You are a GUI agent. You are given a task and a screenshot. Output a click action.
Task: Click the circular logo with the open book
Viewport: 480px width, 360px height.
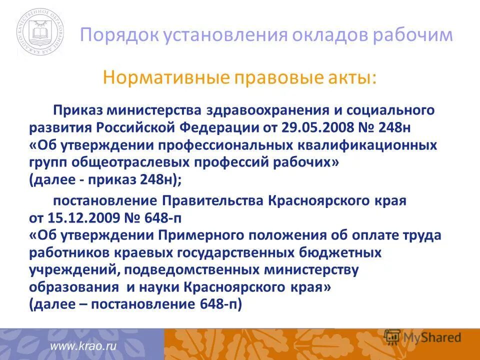point(40,33)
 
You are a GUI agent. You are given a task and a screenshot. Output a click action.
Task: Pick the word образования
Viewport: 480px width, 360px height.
point(73,287)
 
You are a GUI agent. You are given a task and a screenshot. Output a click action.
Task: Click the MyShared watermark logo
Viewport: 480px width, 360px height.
point(422,337)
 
